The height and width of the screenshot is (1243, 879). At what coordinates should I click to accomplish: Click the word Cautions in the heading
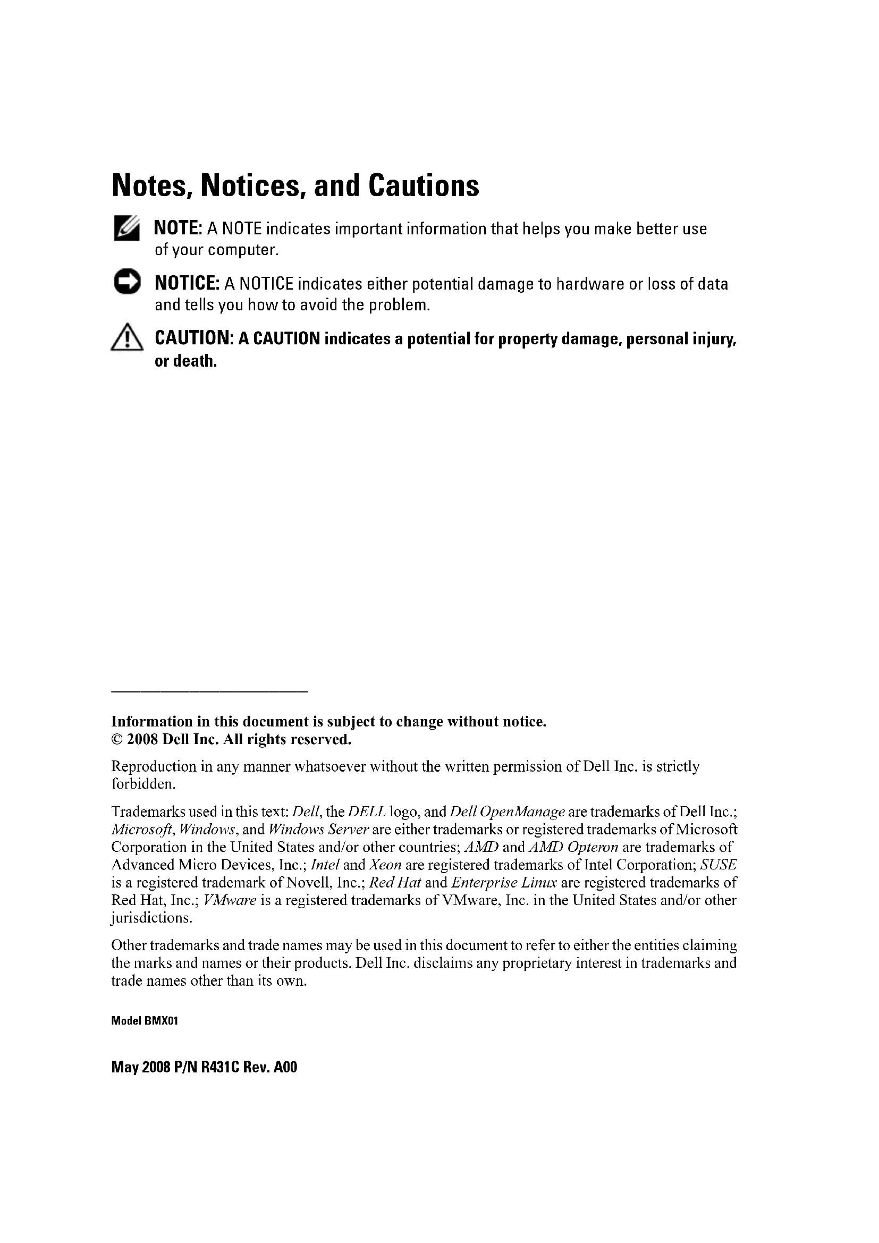click(x=424, y=185)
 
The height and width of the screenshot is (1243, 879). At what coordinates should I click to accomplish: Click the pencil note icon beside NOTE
click(x=126, y=228)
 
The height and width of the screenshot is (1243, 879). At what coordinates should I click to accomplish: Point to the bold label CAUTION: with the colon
click(x=194, y=339)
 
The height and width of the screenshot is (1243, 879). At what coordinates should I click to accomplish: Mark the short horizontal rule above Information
click(x=209, y=691)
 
